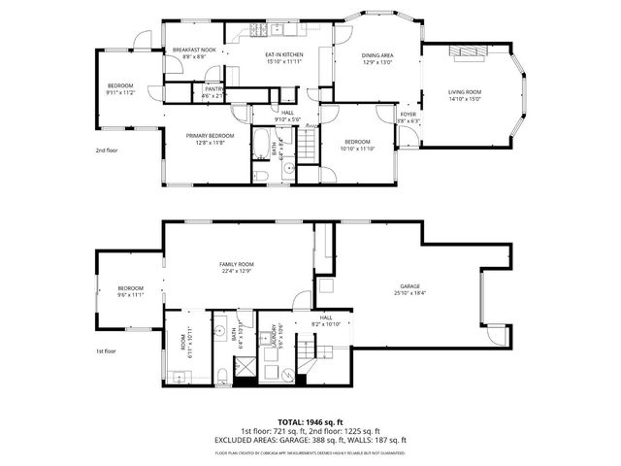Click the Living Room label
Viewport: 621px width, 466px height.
pos(465,91)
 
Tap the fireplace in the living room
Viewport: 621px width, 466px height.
pos(467,56)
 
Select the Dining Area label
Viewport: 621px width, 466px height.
pos(376,56)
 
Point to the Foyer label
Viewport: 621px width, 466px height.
pos(409,114)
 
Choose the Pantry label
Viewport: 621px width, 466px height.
pos(212,89)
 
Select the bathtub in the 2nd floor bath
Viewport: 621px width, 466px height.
pos(261,146)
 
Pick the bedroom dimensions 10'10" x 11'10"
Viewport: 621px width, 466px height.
pos(357,149)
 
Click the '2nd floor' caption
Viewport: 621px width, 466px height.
pos(106,151)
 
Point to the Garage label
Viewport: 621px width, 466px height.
pos(410,286)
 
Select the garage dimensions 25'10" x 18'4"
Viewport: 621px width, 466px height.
pos(410,293)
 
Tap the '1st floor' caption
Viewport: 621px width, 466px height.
pos(106,350)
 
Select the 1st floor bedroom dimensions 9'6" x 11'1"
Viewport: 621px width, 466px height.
pos(131,294)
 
